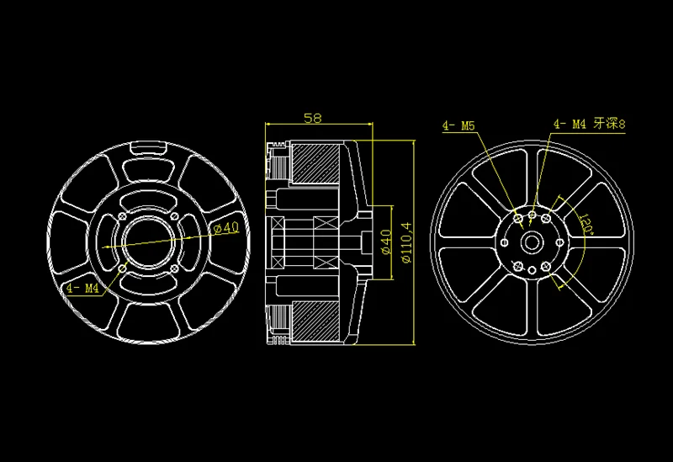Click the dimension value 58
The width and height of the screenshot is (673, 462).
pyautogui.click(x=312, y=118)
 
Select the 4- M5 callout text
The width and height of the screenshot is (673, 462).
pyautogui.click(x=458, y=125)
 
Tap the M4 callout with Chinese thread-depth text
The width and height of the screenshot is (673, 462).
pyautogui.click(x=590, y=124)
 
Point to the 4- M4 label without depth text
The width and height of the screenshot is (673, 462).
pyautogui.click(x=82, y=288)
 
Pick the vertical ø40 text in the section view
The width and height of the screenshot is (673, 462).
pyautogui.click(x=387, y=242)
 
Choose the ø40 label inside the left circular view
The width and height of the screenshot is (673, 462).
pyautogui.click(x=226, y=227)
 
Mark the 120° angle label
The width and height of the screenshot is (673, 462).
pyautogui.click(x=586, y=224)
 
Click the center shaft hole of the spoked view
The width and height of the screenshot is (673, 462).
pyautogui.click(x=533, y=242)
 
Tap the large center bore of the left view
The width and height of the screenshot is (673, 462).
pyautogui.click(x=149, y=242)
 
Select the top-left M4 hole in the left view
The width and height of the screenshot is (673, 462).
pyautogui.click(x=122, y=216)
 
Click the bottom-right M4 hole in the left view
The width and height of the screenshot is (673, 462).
pyautogui.click(x=174, y=268)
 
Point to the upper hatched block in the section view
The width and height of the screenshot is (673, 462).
pyautogui.click(x=316, y=164)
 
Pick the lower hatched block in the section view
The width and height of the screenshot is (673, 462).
pyautogui.click(x=316, y=321)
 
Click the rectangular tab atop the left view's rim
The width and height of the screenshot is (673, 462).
pyautogui.click(x=148, y=148)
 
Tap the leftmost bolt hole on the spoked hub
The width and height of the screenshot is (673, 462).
pyautogui.click(x=505, y=242)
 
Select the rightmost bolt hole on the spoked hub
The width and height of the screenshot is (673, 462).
pyautogui.click(x=559, y=242)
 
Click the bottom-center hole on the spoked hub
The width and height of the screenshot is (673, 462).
pyautogui.click(x=533, y=270)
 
